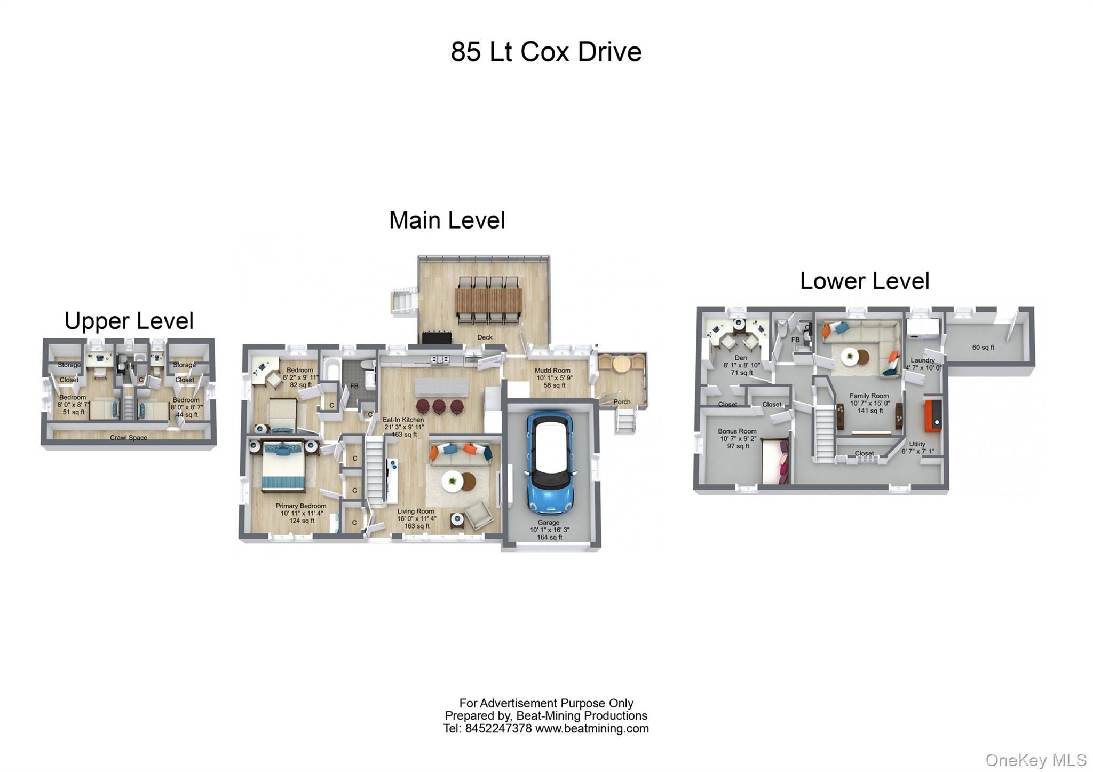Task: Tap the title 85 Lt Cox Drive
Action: (546, 52)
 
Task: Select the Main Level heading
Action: (447, 220)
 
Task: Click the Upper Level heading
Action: (129, 321)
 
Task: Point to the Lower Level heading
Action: (864, 281)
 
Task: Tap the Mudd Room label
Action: (552, 371)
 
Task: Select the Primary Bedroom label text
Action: (300, 506)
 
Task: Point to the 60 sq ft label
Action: (983, 348)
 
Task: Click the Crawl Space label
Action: (129, 438)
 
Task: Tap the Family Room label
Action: (869, 396)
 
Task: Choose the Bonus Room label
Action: (737, 431)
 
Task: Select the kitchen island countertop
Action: (441, 386)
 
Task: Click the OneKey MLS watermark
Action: (1035, 760)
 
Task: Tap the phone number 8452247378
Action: (498, 729)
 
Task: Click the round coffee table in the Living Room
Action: (453, 481)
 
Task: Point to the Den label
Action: (741, 358)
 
